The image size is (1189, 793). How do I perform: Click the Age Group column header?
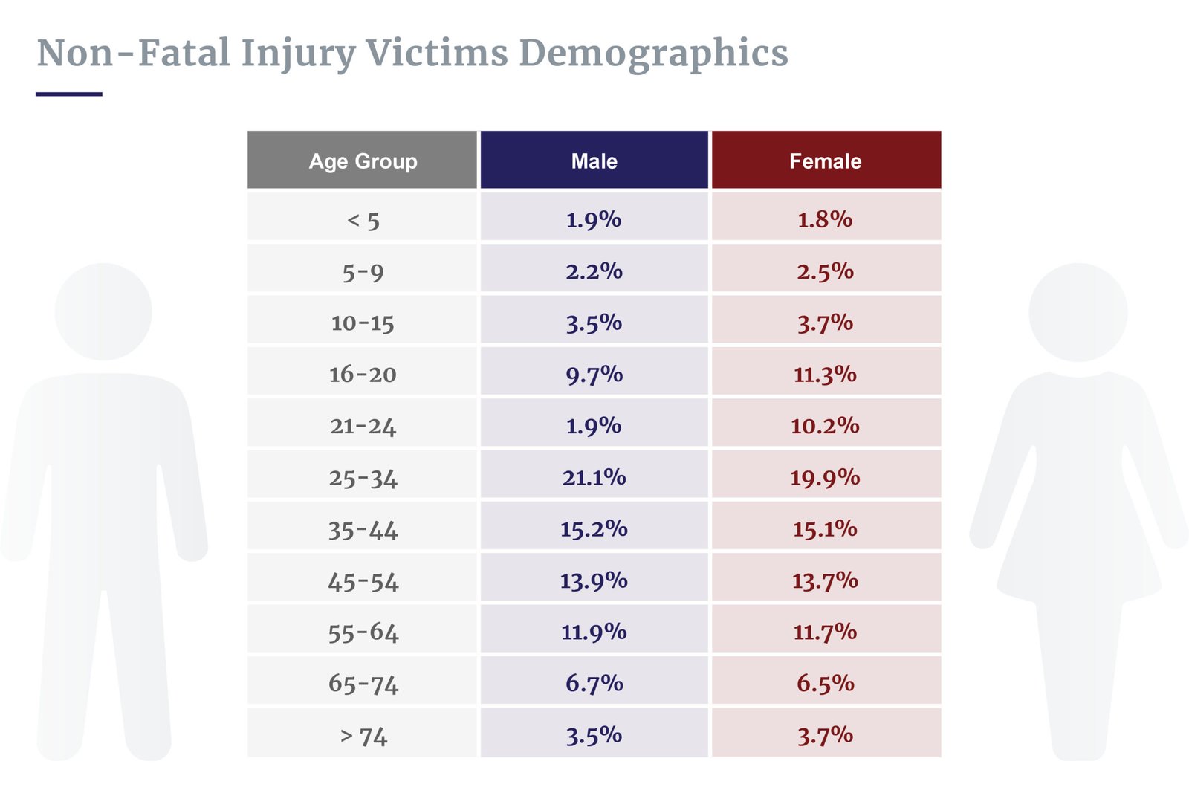click(363, 161)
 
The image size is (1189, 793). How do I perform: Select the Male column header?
click(594, 161)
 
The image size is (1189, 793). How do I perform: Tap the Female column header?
click(825, 161)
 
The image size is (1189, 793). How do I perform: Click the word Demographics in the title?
click(653, 54)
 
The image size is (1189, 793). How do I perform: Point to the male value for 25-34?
click(594, 477)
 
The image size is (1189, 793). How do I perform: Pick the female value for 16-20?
click(825, 374)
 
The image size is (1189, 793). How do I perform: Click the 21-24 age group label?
click(363, 426)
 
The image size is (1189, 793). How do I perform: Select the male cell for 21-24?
click(594, 426)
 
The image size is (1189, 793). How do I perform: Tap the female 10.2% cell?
click(825, 426)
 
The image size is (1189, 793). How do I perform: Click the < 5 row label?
click(363, 220)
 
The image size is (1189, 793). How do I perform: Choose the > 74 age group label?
click(363, 736)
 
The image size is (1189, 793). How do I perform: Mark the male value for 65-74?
click(594, 683)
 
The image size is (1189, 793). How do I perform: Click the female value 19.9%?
click(825, 477)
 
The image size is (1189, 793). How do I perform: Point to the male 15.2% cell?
click(594, 528)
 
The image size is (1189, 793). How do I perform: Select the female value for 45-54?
click(825, 580)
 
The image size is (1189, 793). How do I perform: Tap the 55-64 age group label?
click(363, 632)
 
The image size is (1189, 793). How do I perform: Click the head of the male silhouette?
click(103, 311)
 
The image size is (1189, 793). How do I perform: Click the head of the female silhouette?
click(1078, 312)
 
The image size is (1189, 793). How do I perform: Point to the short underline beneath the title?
click(68, 94)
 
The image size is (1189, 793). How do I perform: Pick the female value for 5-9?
click(825, 271)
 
